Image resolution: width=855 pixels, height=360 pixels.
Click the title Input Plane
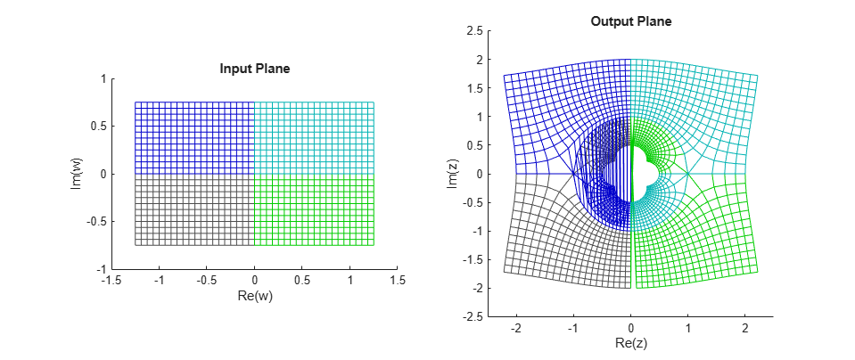point(255,69)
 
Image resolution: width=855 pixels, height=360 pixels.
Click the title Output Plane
point(630,21)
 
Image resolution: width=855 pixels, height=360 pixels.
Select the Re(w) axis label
point(255,296)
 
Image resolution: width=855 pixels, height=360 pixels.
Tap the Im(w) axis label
point(78,174)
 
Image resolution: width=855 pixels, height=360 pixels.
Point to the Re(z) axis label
point(630,343)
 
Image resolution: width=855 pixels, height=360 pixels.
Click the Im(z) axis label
point(452,174)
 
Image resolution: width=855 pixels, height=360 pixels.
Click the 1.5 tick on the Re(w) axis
point(398,281)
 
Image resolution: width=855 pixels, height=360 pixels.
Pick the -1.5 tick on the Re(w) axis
point(111,281)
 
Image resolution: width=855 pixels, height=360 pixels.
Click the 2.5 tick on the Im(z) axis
point(474,31)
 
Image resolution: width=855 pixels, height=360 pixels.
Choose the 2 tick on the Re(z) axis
point(745,328)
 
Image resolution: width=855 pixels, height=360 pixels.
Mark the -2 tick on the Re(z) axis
point(515,328)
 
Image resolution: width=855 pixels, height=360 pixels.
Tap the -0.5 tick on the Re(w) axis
point(206,281)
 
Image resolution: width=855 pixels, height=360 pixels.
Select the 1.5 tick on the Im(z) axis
point(474,88)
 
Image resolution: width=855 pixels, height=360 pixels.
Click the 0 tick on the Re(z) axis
point(631,328)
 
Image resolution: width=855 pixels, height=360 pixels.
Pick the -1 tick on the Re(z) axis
point(572,328)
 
